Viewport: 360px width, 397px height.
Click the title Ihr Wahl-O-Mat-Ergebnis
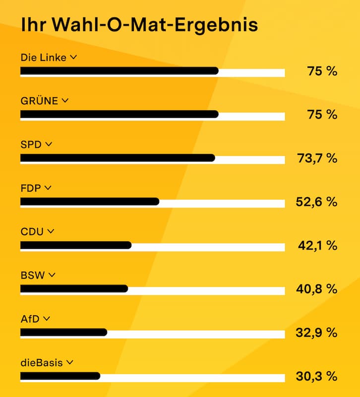[x=139, y=25]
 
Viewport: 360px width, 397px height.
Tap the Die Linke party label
[x=44, y=58]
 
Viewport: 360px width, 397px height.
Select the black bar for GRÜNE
[x=120, y=114]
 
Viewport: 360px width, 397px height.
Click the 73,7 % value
[x=317, y=158]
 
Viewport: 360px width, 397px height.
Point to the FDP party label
[x=31, y=189]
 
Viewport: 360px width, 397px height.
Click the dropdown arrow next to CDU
[x=51, y=231]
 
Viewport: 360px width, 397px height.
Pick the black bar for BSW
[x=74, y=289]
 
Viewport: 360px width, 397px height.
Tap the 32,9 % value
[x=316, y=332]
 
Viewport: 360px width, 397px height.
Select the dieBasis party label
[x=42, y=363]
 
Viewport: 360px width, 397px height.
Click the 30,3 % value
[x=317, y=376]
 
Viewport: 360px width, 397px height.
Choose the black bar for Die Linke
[x=120, y=70]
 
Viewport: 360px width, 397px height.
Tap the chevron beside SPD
[x=49, y=144]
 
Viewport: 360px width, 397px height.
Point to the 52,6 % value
[x=316, y=202]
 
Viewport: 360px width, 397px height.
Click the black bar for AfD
[x=64, y=332]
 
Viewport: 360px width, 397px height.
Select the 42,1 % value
[x=318, y=246]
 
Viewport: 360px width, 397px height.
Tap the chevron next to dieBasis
[x=70, y=362]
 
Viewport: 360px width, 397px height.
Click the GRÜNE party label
[x=39, y=101]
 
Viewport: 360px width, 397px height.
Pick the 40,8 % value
[x=317, y=289]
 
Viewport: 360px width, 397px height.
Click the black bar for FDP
[x=90, y=201]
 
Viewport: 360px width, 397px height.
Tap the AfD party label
[x=30, y=319]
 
